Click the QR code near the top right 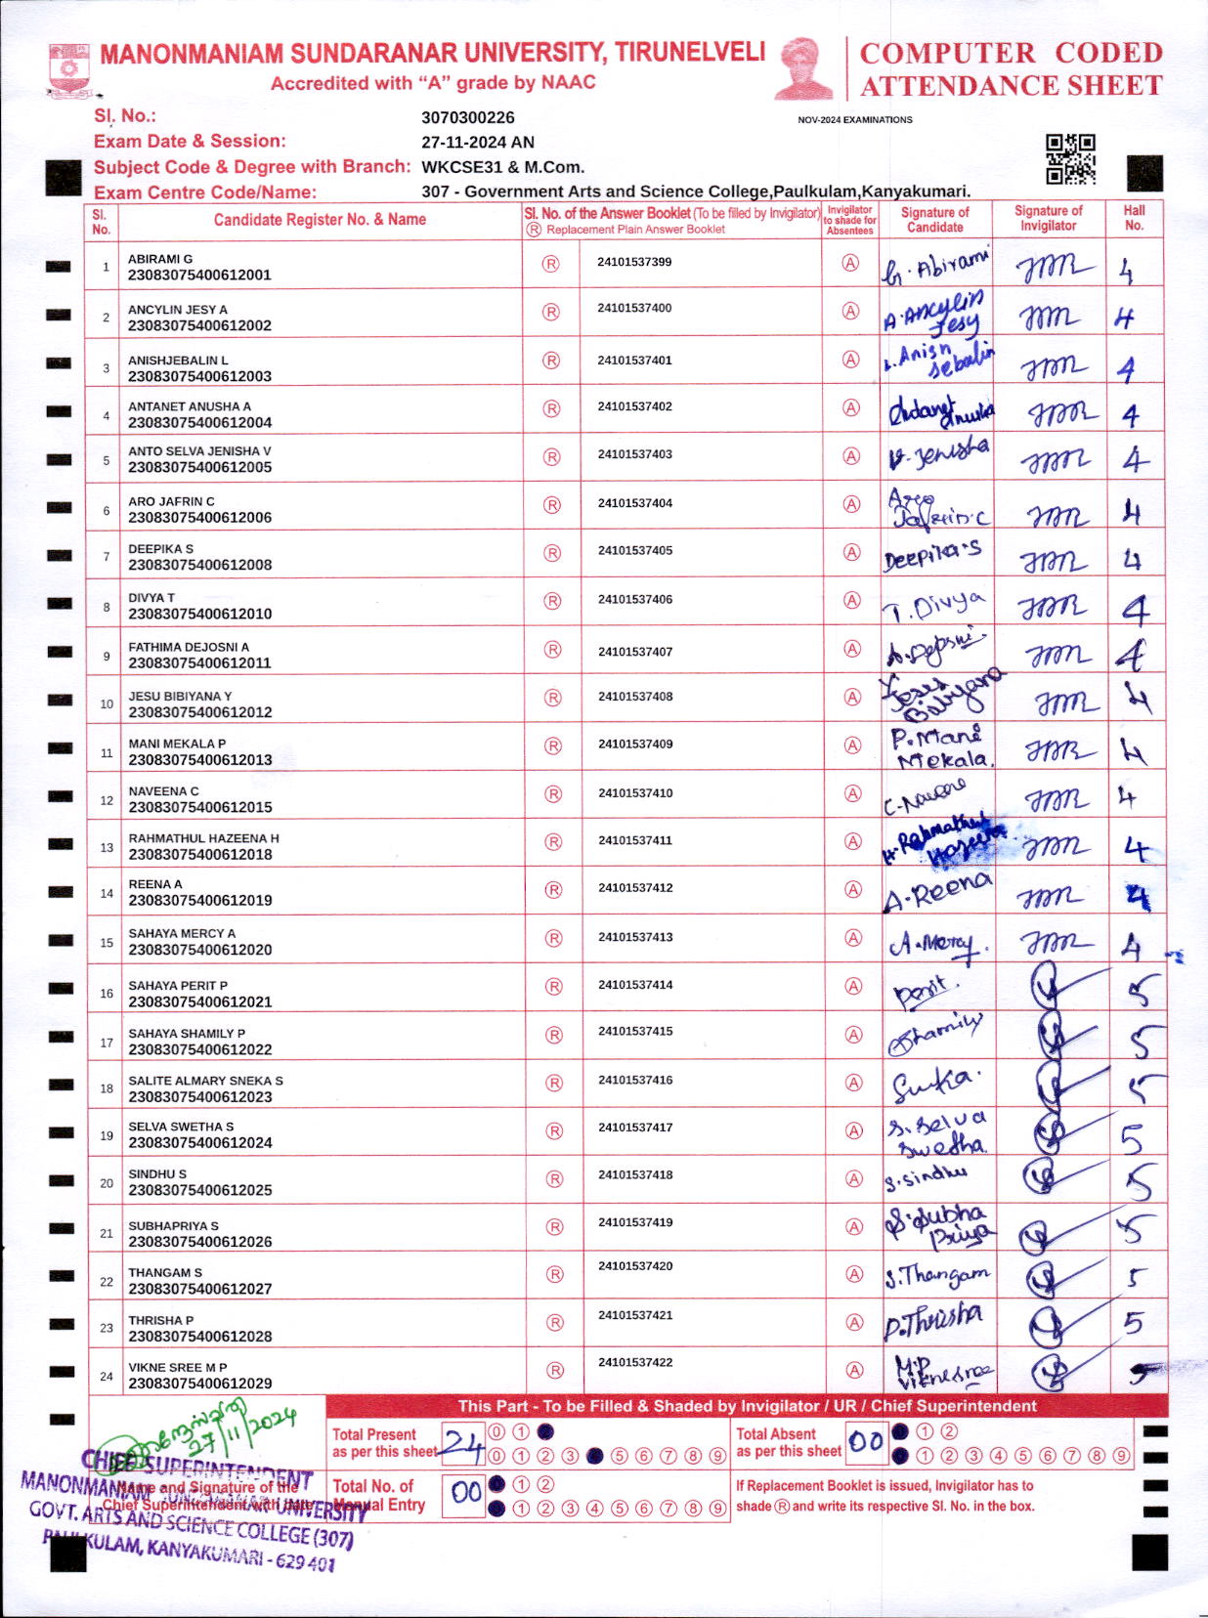point(1070,159)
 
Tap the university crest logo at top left point(69,68)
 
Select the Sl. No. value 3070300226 point(467,117)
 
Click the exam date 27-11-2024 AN point(477,142)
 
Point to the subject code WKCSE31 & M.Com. point(502,167)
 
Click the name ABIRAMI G point(160,259)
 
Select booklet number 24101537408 point(635,697)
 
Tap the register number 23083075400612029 point(199,1384)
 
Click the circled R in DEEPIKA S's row point(552,553)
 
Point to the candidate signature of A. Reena point(936,891)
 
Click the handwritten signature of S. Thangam point(937,1275)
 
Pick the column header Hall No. point(1134,218)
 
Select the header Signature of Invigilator point(1048,218)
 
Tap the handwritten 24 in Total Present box point(462,1442)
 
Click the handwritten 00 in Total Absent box point(866,1442)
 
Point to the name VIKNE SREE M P point(178,1368)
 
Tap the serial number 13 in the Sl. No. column point(107,847)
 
